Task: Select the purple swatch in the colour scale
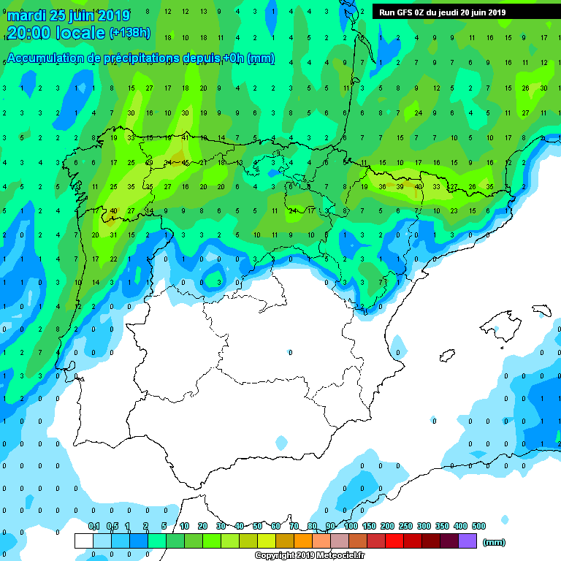[467, 541]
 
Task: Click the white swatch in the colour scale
[84, 541]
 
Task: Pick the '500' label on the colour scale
[478, 527]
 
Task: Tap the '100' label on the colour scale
[351, 527]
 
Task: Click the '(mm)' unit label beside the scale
[495, 542]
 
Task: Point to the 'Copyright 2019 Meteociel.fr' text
[309, 556]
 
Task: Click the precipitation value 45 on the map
[186, 162]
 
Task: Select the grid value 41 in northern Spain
[186, 137]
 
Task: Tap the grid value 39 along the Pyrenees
[400, 187]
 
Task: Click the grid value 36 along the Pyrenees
[382, 187]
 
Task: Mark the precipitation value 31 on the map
[113, 235]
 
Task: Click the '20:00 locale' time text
[56, 33]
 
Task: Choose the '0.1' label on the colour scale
[93, 527]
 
